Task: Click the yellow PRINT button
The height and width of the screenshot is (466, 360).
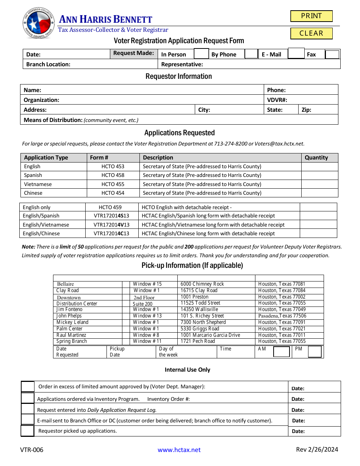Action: [311, 16]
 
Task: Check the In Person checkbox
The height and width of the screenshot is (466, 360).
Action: [201, 54]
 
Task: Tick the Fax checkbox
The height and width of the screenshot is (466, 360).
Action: [332, 54]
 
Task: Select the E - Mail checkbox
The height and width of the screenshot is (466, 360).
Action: [296, 53]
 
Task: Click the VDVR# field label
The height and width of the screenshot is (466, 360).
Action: [277, 100]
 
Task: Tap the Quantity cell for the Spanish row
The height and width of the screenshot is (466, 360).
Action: [319, 175]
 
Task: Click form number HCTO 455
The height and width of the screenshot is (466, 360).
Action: [113, 184]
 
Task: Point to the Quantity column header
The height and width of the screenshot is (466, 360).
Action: [316, 158]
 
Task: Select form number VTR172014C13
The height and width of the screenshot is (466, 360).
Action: [111, 233]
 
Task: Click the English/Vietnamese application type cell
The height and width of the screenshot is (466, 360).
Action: [46, 225]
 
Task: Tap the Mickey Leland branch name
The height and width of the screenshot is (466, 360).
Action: [72, 322]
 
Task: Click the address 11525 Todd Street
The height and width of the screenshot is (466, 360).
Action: [200, 303]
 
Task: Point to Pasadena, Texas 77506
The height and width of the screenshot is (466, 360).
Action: [282, 316]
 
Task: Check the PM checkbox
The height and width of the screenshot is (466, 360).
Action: [315, 352]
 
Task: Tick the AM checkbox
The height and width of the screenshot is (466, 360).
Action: [281, 352]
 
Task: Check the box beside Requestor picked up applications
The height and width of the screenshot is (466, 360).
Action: [27, 431]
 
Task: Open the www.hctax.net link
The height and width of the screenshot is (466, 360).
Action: [179, 450]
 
